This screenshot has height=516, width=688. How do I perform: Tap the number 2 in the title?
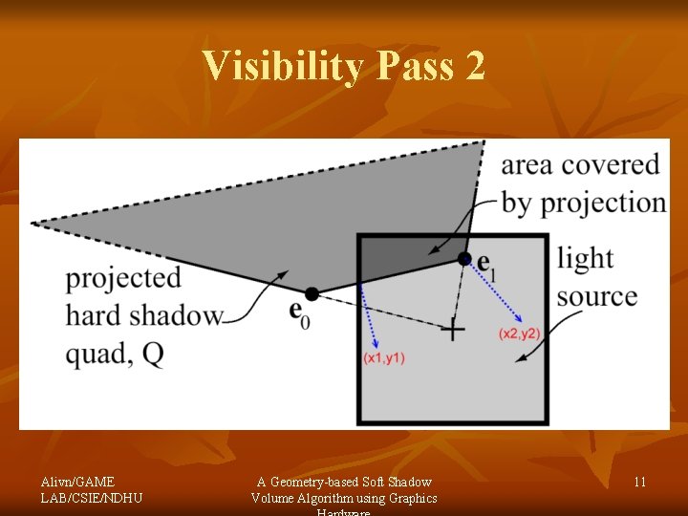point(475,66)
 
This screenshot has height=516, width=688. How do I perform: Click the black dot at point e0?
point(312,293)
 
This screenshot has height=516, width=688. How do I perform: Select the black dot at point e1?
point(464,258)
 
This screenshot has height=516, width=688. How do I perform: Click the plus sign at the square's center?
point(452,331)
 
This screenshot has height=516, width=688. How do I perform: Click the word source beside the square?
point(597,295)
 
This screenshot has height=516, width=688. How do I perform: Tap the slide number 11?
point(639,482)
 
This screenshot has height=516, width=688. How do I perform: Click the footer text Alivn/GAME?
point(77,482)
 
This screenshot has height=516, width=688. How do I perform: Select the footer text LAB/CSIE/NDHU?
point(92,498)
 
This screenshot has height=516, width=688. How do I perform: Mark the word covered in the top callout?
point(611,164)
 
